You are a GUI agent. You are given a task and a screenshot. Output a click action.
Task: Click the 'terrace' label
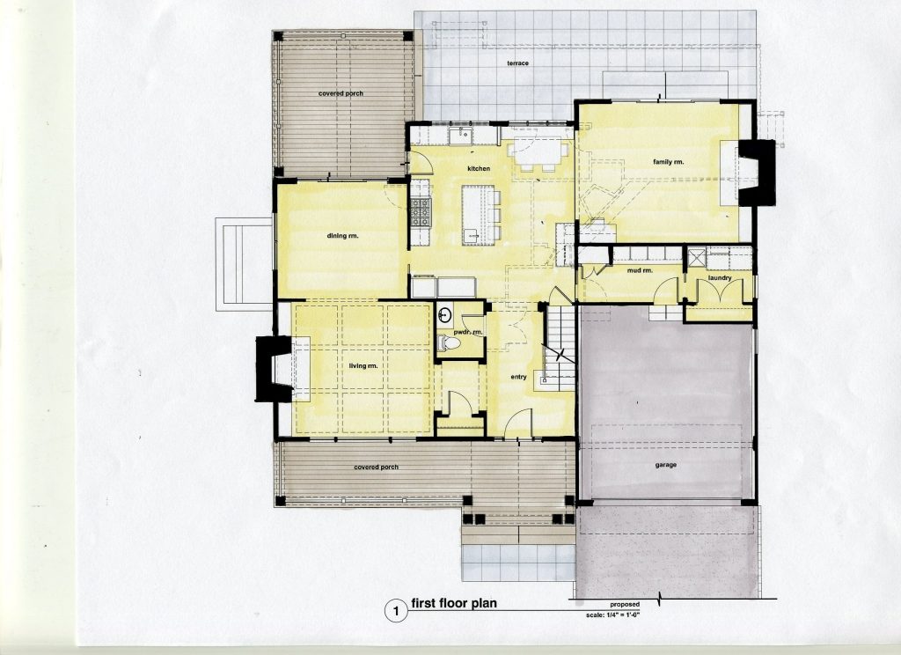(517, 63)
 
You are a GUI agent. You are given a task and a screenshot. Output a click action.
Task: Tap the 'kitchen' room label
(479, 168)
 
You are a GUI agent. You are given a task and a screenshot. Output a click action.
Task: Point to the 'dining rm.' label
(342, 236)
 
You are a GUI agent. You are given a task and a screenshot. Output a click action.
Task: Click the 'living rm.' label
(363, 365)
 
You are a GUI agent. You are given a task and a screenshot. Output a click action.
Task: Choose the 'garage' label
(665, 465)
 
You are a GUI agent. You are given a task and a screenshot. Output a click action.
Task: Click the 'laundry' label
(720, 278)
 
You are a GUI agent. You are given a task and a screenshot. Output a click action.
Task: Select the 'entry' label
(518, 378)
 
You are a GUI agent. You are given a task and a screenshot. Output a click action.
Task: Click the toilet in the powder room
(448, 343)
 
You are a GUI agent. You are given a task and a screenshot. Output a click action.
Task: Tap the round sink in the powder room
(444, 315)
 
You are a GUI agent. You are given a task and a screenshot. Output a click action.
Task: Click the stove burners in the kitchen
(420, 211)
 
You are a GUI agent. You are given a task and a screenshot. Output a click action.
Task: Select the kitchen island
(478, 215)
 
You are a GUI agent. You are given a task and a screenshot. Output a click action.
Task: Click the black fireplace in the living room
(274, 369)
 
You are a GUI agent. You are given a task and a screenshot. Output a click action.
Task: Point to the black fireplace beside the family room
(757, 173)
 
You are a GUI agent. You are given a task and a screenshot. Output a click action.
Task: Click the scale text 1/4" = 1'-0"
(612, 615)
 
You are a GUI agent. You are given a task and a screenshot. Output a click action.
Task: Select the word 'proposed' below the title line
(625, 605)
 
